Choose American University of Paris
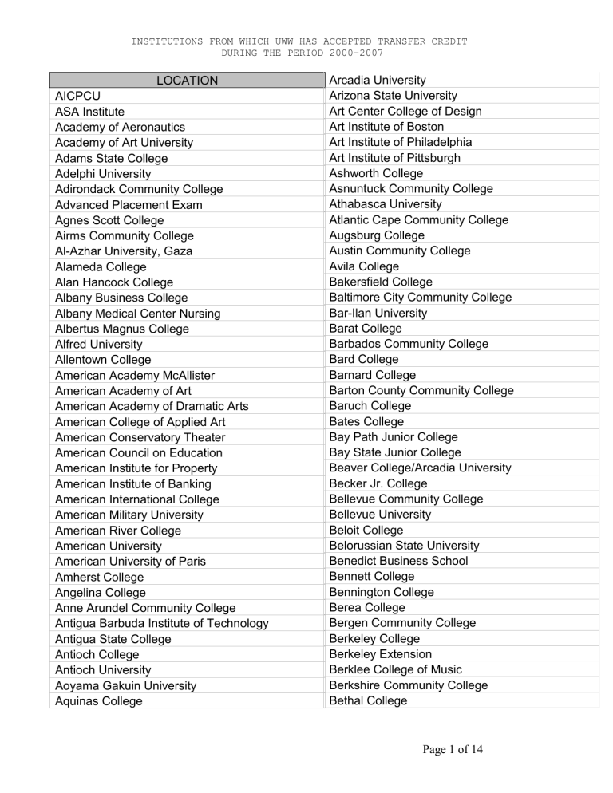130,562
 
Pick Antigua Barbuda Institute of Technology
161,623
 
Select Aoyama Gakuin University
125,685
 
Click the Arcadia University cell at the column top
378,80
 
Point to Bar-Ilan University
378,313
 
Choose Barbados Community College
409,344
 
